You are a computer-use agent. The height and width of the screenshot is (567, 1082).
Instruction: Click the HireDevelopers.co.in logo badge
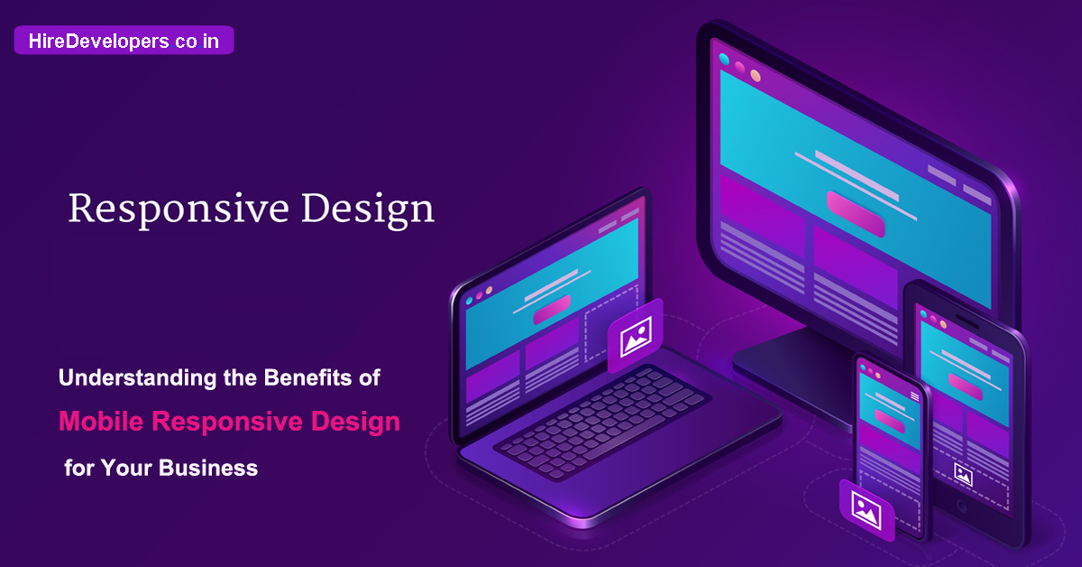coord(124,40)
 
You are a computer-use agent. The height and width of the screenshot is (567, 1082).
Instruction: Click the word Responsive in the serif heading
coord(179,209)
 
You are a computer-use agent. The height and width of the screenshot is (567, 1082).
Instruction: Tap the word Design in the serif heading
coord(368,209)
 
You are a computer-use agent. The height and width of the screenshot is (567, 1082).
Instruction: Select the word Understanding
coord(137,377)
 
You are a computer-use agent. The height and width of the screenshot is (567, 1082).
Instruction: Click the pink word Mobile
coord(101,421)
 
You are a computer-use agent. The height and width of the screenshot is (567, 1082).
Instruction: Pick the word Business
coord(208,468)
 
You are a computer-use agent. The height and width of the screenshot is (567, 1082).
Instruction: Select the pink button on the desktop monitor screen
coord(856,214)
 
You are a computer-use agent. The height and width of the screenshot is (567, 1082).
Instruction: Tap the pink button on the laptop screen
coord(552,310)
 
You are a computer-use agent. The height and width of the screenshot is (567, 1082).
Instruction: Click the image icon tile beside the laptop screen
coord(635,336)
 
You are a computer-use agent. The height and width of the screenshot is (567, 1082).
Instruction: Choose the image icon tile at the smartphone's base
coord(867,510)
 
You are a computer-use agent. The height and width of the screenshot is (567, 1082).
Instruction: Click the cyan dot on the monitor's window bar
coord(724,59)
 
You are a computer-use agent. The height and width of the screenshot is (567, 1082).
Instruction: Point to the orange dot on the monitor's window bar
coord(756,76)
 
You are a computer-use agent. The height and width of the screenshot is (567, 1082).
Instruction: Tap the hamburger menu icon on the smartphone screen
coord(914,396)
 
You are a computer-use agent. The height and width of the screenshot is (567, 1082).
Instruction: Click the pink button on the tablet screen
coord(965,386)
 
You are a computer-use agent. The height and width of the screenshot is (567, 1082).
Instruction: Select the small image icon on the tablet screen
coord(963,474)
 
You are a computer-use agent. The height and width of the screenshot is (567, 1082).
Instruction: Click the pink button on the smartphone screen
coord(889,421)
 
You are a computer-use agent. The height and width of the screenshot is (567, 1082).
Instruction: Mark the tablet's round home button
coord(962,507)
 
